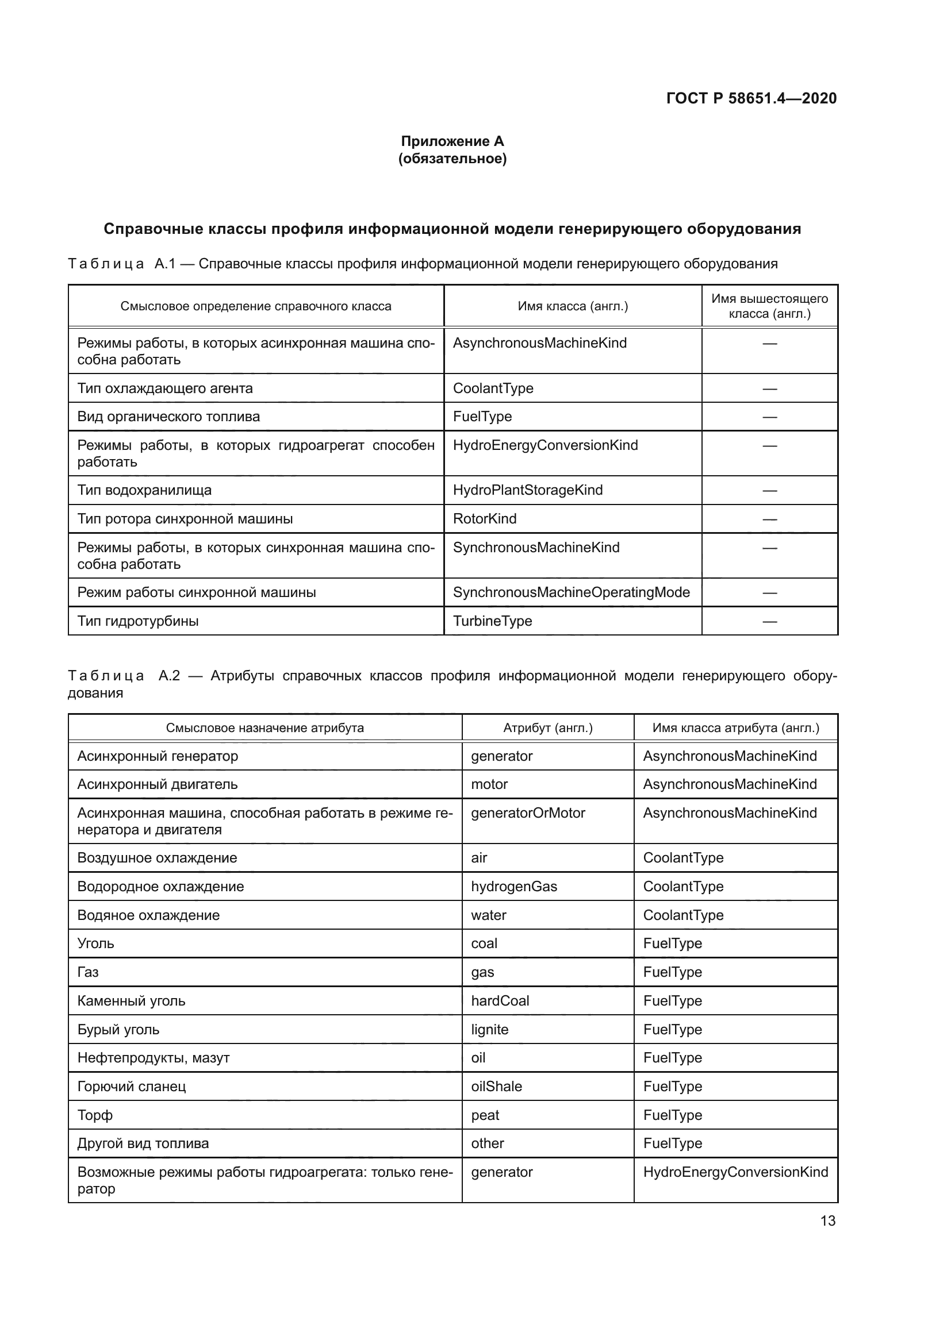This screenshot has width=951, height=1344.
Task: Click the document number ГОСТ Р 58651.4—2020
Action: point(751,98)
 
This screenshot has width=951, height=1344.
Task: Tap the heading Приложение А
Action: point(452,141)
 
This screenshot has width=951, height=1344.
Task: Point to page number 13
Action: point(827,1220)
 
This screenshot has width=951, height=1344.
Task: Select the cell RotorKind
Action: point(484,519)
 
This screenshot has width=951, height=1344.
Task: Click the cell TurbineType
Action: point(492,621)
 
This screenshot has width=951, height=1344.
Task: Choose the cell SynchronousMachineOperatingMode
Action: point(571,592)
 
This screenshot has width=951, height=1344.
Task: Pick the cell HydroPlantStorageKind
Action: point(527,490)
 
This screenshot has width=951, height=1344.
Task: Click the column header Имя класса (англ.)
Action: point(572,306)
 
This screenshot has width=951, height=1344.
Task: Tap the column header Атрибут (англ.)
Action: point(547,728)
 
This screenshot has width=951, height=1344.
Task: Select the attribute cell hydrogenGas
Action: point(513,886)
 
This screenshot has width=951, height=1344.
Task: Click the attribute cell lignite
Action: point(489,1030)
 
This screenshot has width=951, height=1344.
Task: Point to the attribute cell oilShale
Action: point(496,1087)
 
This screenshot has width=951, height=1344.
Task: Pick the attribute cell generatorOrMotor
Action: point(528,813)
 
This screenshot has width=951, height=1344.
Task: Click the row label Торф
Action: point(95,1115)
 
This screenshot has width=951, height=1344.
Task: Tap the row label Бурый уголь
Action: point(118,1030)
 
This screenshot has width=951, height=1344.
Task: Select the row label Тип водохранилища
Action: point(144,490)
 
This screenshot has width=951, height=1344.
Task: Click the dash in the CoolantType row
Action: point(769,388)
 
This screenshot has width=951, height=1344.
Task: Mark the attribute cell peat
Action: point(485,1115)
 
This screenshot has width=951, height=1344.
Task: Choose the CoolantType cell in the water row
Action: point(683,915)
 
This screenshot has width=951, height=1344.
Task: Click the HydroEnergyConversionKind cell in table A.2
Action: point(735,1172)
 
